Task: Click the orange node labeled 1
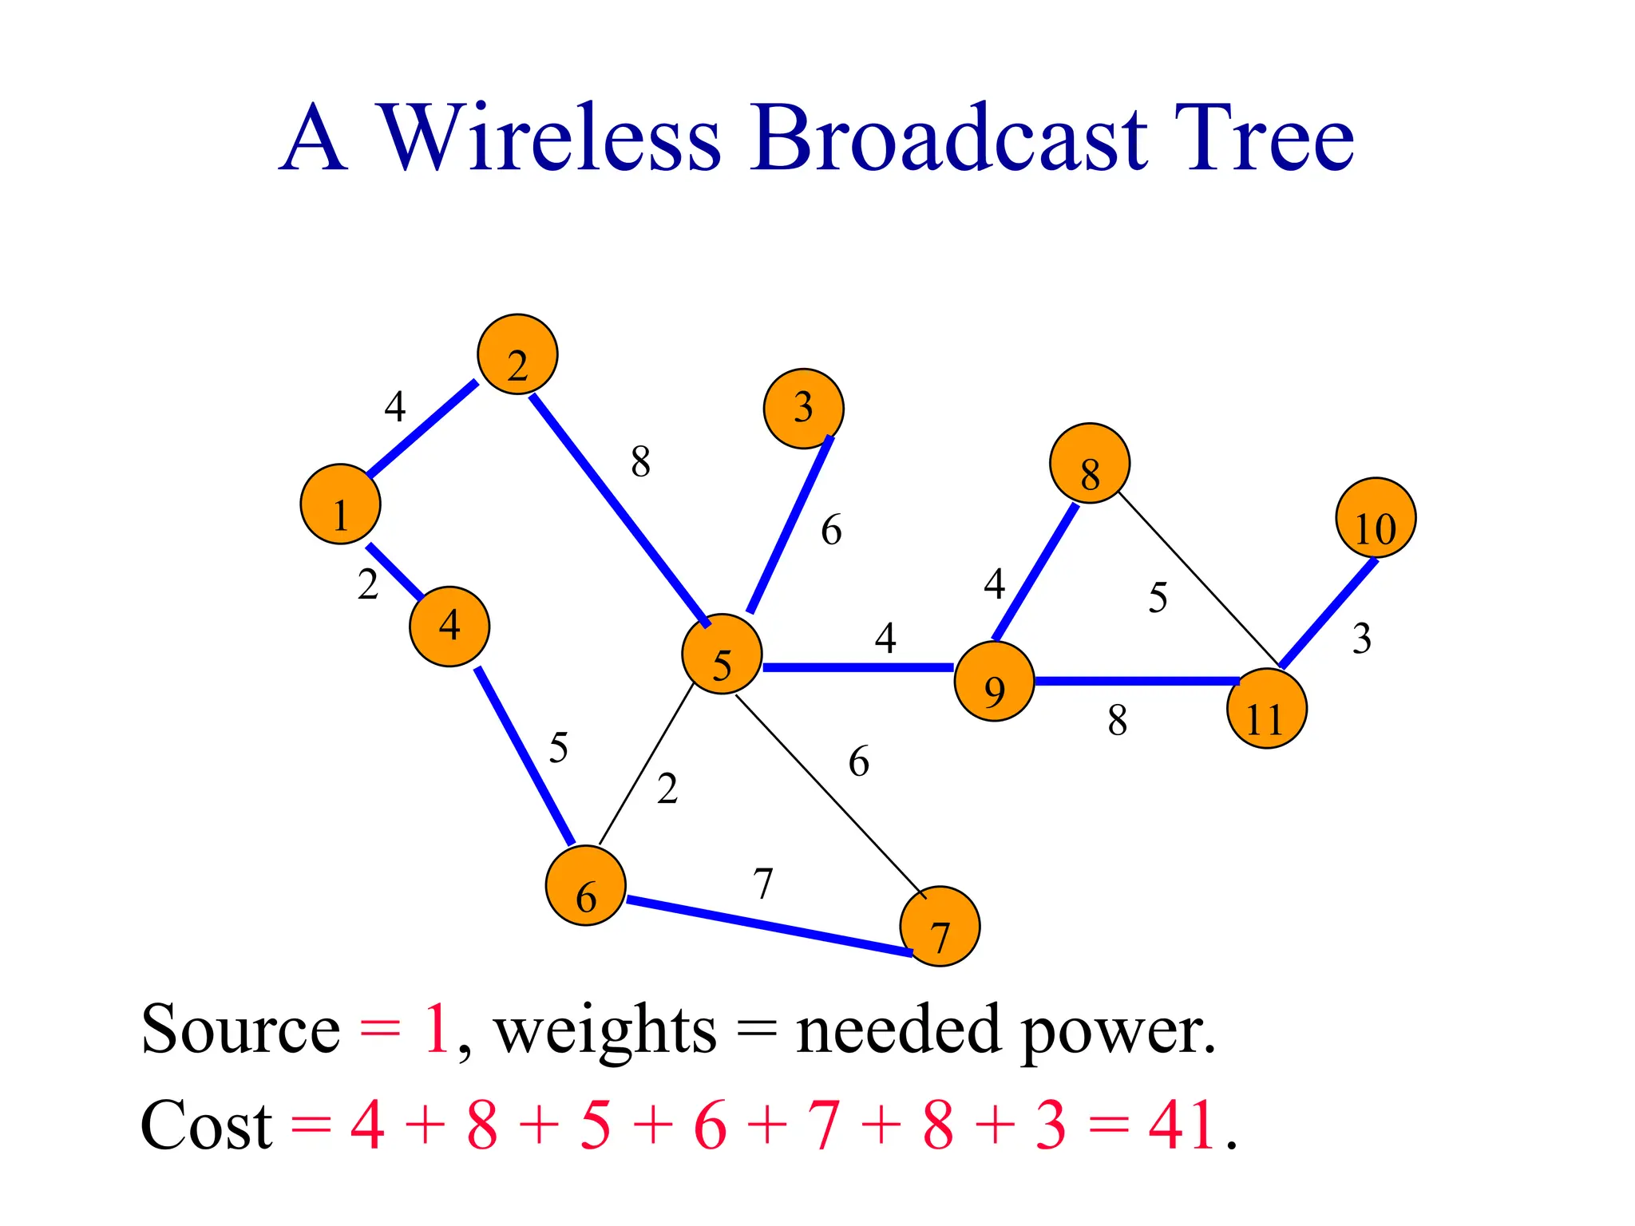(x=340, y=504)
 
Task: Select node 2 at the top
(x=517, y=354)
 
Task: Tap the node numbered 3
(x=803, y=409)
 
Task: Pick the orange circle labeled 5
(x=722, y=655)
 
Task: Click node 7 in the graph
(x=940, y=926)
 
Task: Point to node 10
(x=1376, y=518)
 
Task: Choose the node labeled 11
(x=1266, y=709)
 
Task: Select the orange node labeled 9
(x=994, y=681)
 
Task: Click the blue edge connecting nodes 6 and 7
(x=768, y=926)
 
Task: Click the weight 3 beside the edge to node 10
(x=1362, y=639)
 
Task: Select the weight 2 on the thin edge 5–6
(x=667, y=789)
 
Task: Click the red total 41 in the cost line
(x=1183, y=1125)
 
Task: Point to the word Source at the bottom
(x=241, y=1030)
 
